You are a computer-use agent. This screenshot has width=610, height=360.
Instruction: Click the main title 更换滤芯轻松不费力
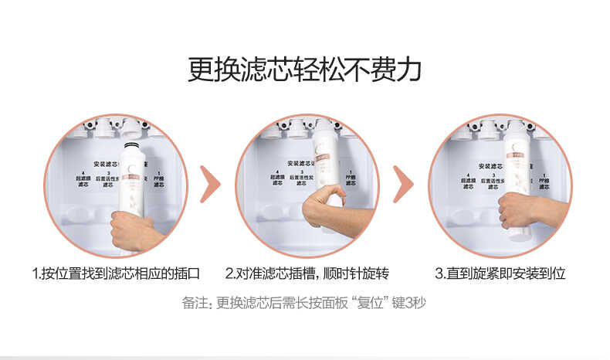click(304, 69)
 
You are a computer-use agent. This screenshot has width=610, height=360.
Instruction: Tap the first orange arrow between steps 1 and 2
click(210, 184)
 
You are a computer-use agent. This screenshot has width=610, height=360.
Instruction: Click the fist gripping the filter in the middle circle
click(323, 205)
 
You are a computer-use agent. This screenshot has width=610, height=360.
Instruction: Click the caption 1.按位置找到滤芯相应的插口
click(116, 273)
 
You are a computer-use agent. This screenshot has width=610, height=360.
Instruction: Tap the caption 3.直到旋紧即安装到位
click(500, 273)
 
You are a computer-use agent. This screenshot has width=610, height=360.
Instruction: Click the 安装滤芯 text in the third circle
click(492, 165)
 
